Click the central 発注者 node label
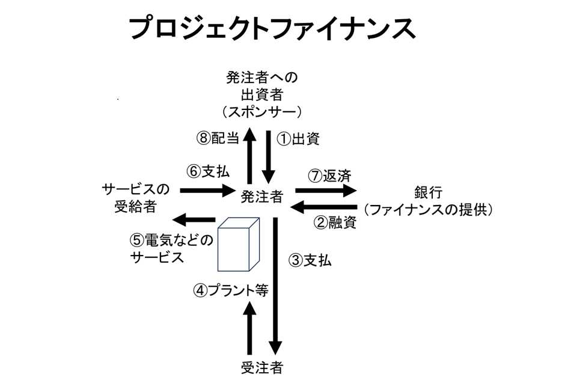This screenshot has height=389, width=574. (262, 195)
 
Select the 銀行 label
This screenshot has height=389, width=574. (429, 193)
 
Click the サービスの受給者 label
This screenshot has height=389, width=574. (136, 198)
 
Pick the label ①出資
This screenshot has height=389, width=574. (298, 139)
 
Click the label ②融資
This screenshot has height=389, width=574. (335, 222)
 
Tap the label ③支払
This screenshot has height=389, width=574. (310, 261)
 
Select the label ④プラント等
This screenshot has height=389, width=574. (230, 290)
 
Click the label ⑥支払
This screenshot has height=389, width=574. (208, 171)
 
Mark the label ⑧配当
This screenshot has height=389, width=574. (218, 138)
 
